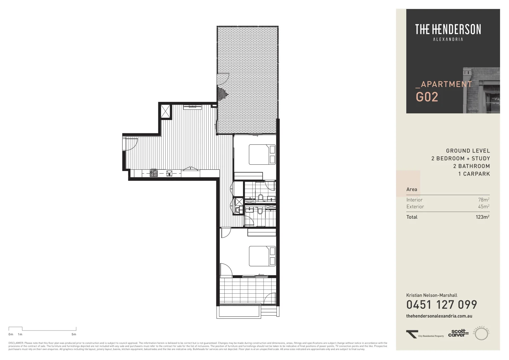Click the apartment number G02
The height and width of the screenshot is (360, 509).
click(x=427, y=97)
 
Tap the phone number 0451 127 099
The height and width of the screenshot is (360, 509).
click(x=441, y=304)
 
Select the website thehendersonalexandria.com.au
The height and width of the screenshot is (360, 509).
click(x=439, y=316)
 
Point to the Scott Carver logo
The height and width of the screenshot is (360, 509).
click(x=458, y=333)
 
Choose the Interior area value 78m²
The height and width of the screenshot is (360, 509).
click(x=484, y=200)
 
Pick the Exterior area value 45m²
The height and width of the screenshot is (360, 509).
click(x=484, y=207)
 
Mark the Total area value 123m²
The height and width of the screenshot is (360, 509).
click(x=482, y=217)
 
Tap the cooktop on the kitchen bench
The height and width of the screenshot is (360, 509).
click(x=153, y=173)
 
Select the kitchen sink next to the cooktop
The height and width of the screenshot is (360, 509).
click(x=169, y=173)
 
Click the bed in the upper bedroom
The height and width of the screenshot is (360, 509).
click(x=262, y=154)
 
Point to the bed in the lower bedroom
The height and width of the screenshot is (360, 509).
click(x=262, y=256)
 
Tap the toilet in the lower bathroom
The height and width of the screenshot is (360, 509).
click(x=260, y=211)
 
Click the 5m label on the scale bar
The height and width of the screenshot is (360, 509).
click(x=74, y=334)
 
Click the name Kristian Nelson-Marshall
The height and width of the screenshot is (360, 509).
click(x=432, y=295)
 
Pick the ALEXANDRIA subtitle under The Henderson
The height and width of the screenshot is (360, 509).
click(x=448, y=39)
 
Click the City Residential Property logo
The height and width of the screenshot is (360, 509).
click(x=425, y=334)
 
